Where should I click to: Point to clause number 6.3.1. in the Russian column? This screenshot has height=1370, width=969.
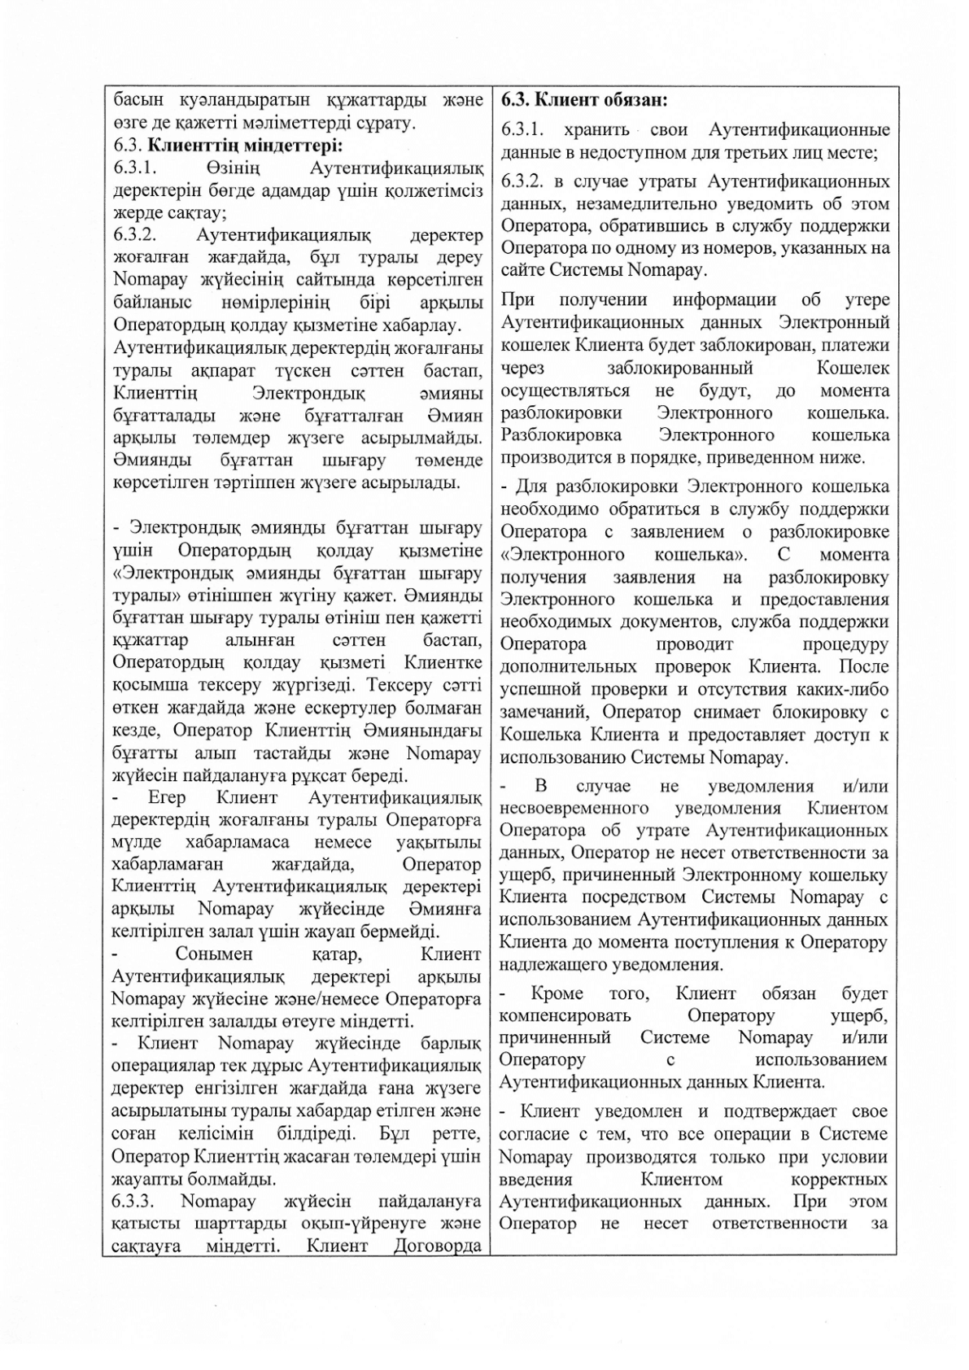[525, 130]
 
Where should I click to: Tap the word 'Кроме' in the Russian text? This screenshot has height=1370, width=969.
[557, 993]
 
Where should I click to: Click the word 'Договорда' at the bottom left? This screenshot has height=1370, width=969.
[438, 1246]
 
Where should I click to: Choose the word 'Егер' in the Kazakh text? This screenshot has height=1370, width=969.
[168, 797]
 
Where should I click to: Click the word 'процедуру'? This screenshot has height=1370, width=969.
[845, 644]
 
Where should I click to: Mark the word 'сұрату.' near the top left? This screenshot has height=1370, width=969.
[388, 124]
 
